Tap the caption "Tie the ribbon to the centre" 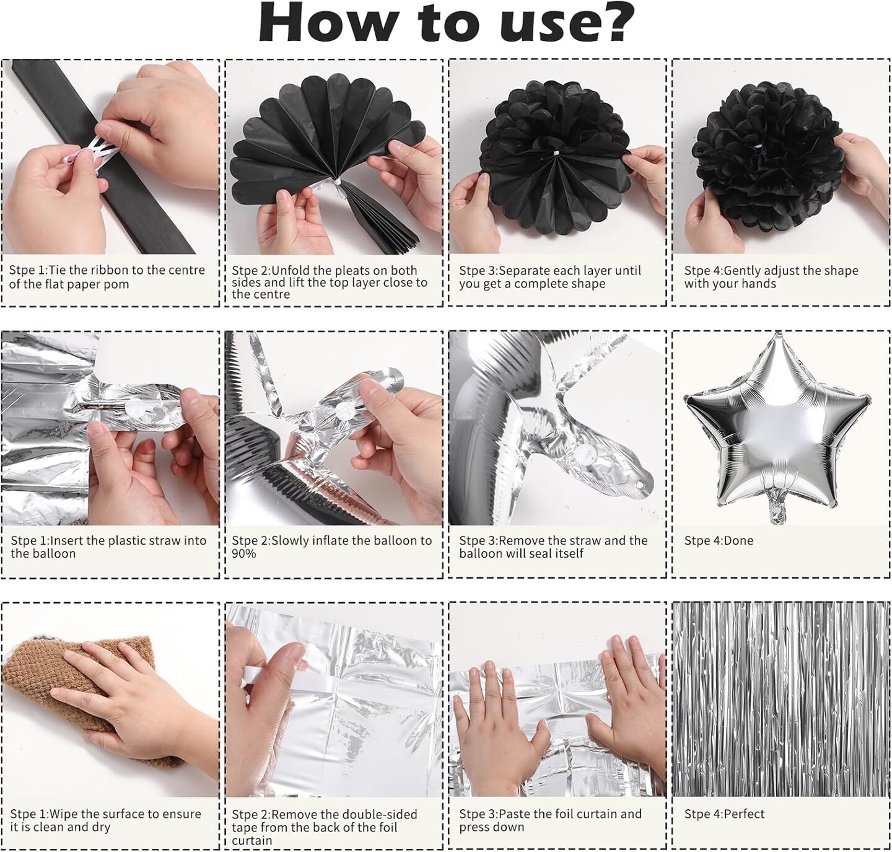107,277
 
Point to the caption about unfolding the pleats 329,282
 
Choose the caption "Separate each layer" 550,277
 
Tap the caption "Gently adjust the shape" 771,277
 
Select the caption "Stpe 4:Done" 719,540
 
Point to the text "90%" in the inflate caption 243,553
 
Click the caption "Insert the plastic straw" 108,547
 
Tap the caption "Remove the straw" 553,547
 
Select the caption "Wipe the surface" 105,820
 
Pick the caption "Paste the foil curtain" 550,820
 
